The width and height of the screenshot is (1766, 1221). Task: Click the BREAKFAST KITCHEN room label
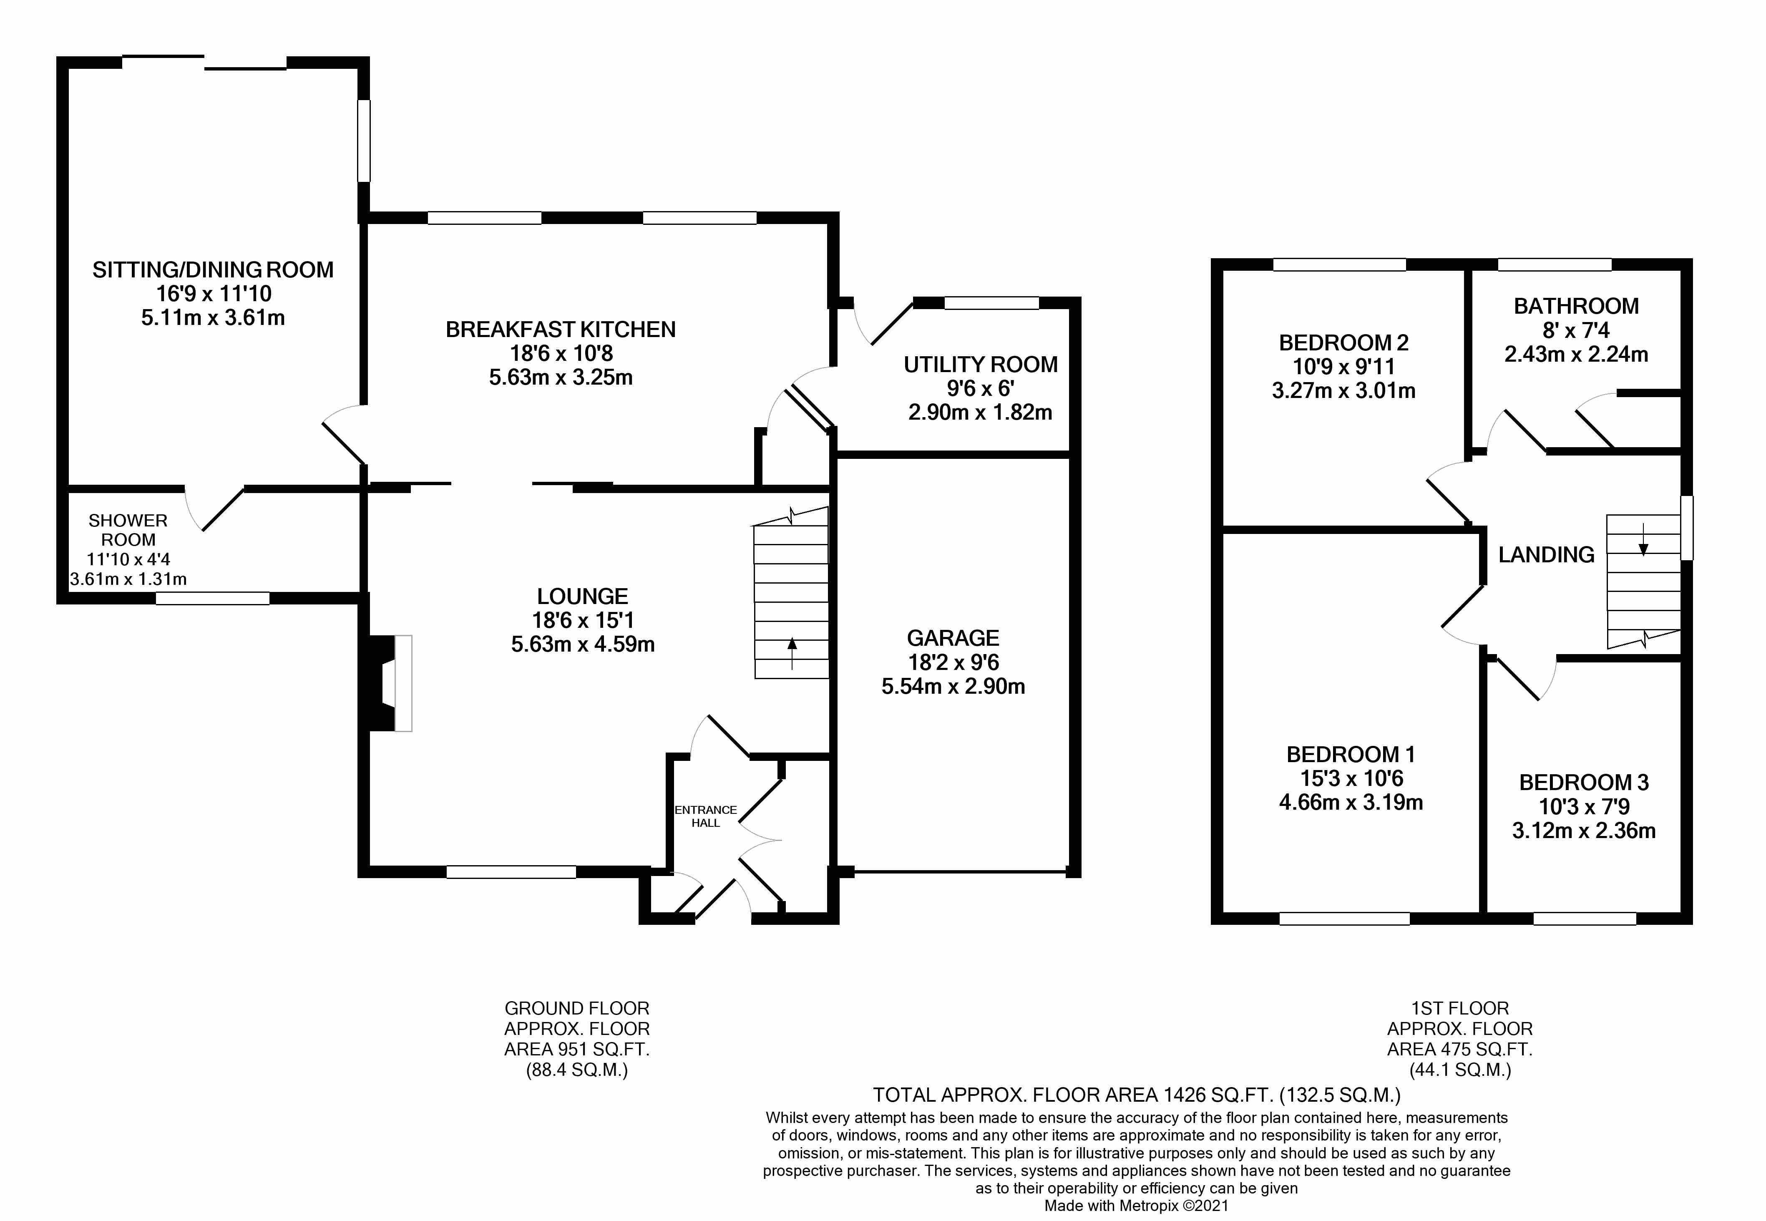pyautogui.click(x=561, y=330)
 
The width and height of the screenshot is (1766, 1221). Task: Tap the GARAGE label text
pyautogui.click(x=953, y=638)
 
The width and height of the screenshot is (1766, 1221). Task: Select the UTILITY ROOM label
pyautogui.click(x=981, y=365)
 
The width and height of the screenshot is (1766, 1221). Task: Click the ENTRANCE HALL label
pyautogui.click(x=706, y=816)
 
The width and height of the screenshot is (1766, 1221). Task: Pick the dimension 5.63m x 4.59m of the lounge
pyautogui.click(x=583, y=644)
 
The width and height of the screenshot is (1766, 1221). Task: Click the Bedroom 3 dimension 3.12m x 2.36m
pyautogui.click(x=1584, y=831)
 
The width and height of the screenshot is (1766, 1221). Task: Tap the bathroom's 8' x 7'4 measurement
pyautogui.click(x=1576, y=330)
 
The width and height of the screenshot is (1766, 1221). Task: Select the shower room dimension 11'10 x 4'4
pyautogui.click(x=128, y=560)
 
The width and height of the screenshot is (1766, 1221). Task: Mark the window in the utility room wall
pyautogui.click(x=991, y=303)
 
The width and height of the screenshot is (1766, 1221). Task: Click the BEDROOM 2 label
pyautogui.click(x=1344, y=343)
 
